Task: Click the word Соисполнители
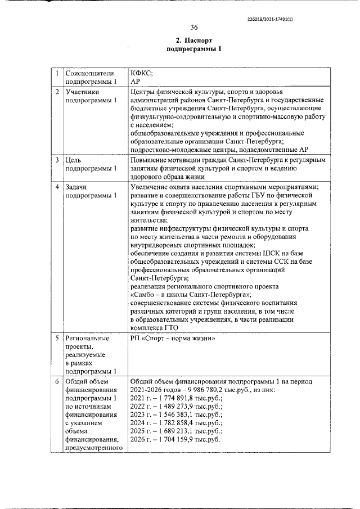pos(90,73)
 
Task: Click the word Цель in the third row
pos(74,160)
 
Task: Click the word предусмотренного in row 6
pos(94,448)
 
